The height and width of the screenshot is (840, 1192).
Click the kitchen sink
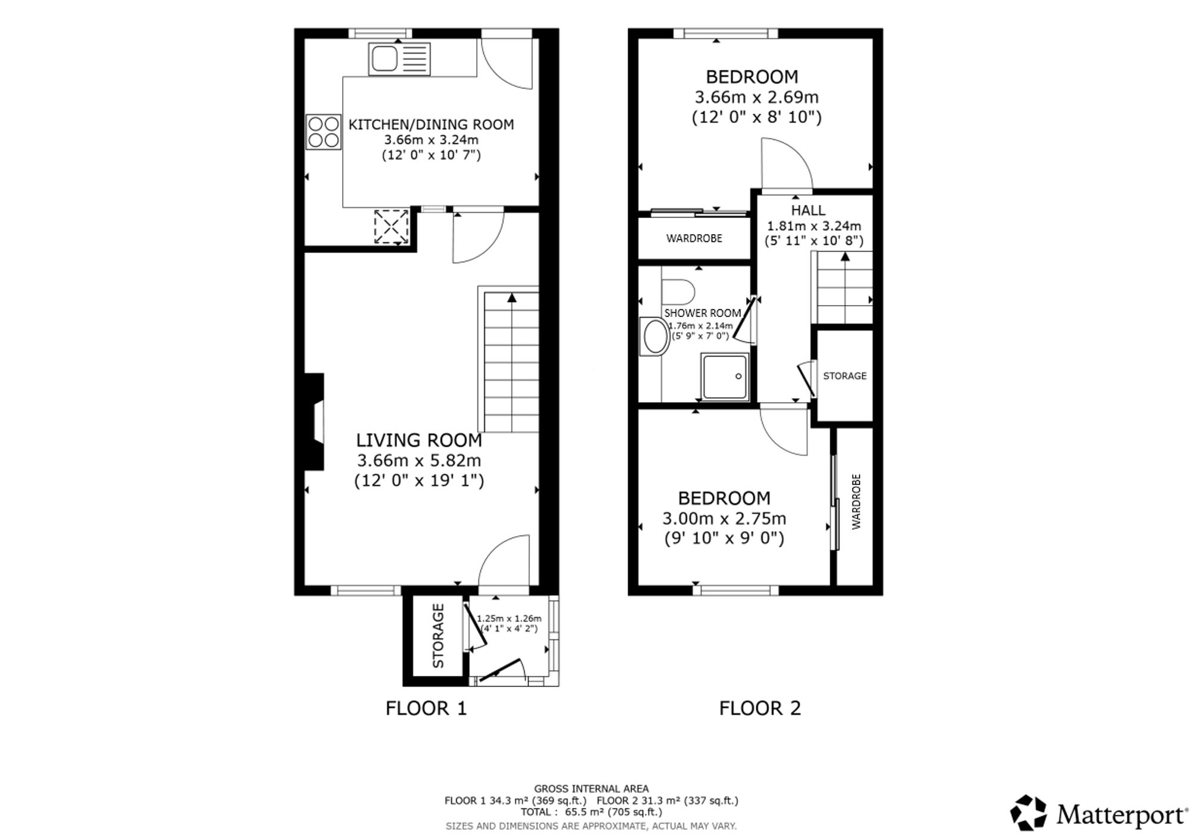pyautogui.click(x=399, y=59)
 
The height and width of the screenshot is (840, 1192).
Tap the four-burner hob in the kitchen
pyautogui.click(x=324, y=132)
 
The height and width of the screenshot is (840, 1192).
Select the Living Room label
pyautogui.click(x=419, y=440)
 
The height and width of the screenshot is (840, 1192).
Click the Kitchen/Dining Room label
pyautogui.click(x=431, y=125)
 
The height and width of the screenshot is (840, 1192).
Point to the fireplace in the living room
pyautogui.click(x=315, y=422)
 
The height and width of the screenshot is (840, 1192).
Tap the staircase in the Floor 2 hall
pyautogui.click(x=843, y=288)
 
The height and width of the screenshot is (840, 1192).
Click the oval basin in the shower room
pyautogui.click(x=654, y=337)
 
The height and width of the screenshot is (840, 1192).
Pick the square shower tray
pyautogui.click(x=725, y=377)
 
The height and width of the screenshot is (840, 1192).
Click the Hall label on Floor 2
pyautogui.click(x=808, y=210)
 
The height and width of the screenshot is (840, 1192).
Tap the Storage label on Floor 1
pyautogui.click(x=438, y=636)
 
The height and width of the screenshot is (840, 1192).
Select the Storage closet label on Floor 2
pyautogui.click(x=845, y=376)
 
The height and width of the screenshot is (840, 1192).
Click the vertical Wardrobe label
pyautogui.click(x=856, y=502)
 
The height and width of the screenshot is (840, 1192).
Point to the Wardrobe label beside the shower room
pyautogui.click(x=694, y=238)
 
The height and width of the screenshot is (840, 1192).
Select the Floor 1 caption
pyautogui.click(x=426, y=708)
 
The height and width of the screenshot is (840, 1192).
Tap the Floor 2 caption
pyautogui.click(x=760, y=708)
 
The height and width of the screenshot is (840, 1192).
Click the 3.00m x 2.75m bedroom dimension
pyautogui.click(x=724, y=518)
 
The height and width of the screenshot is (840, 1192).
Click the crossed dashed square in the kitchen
pyautogui.click(x=392, y=226)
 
